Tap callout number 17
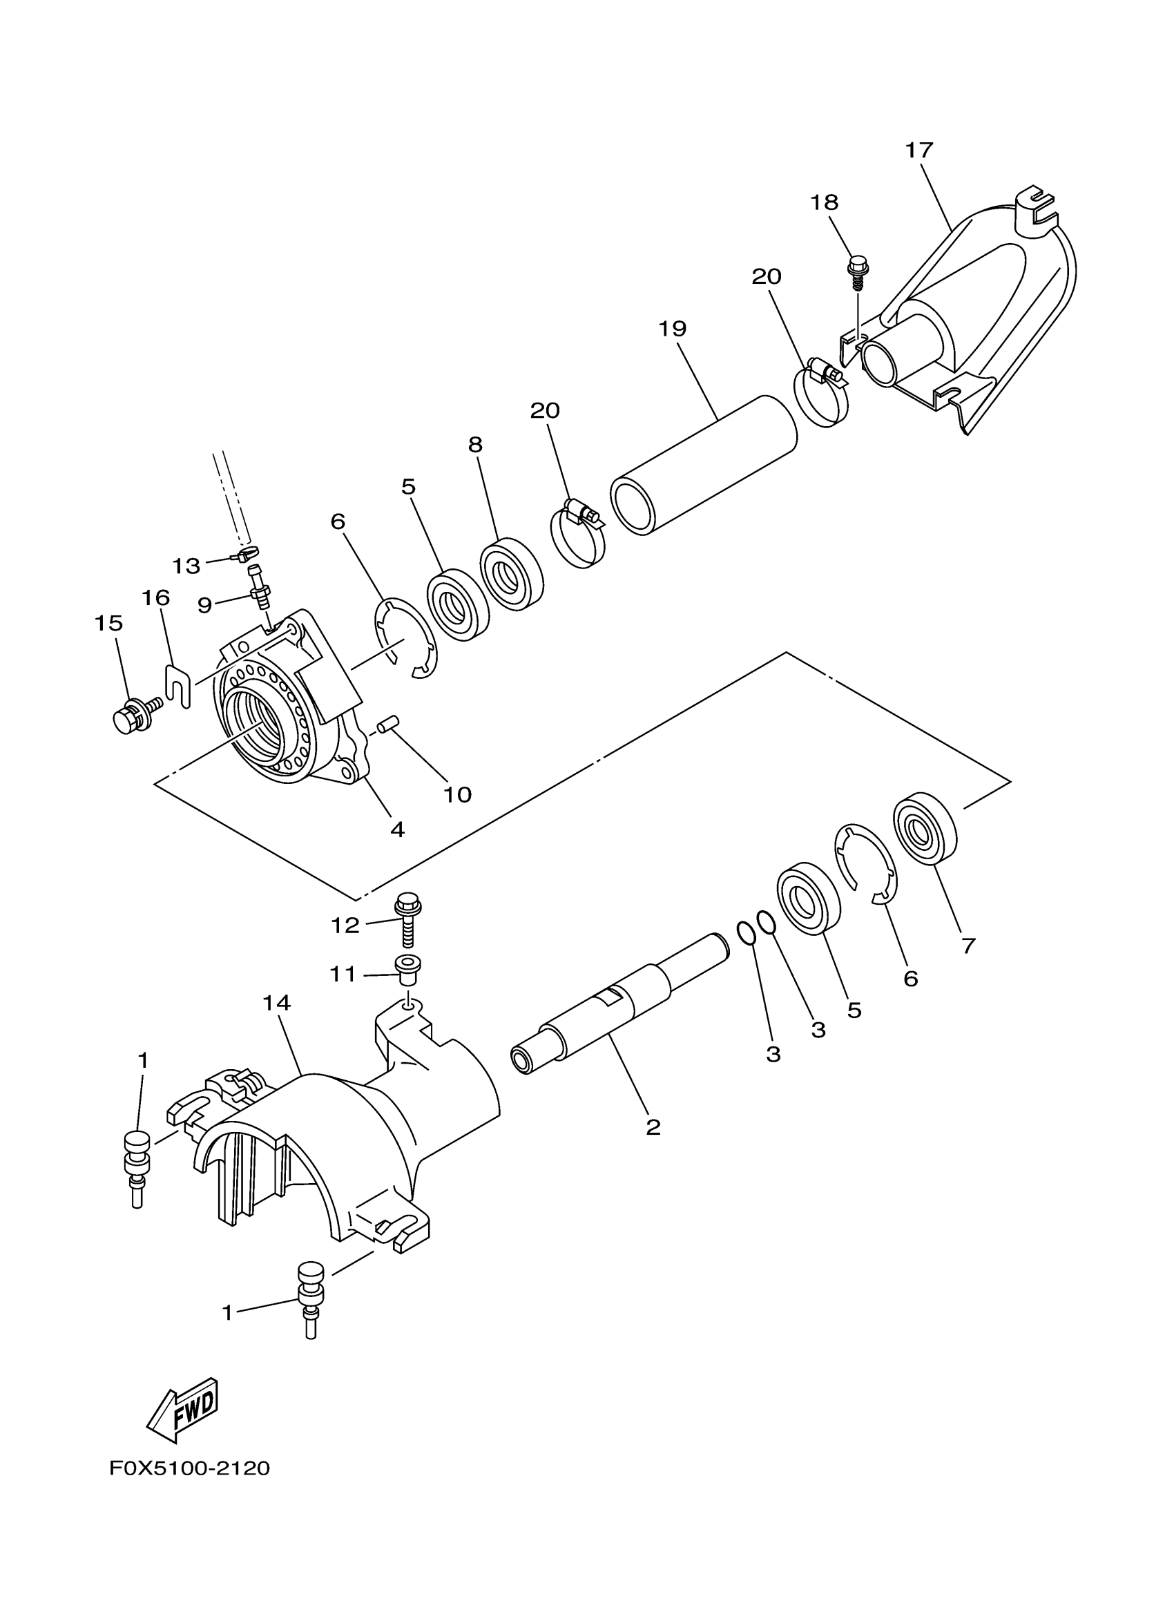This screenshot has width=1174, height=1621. click(x=919, y=151)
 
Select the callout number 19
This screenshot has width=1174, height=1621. click(x=673, y=329)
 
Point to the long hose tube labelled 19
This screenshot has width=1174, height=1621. click(x=704, y=465)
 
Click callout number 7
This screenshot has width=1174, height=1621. click(x=968, y=946)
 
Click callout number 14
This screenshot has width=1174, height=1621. click(x=276, y=1003)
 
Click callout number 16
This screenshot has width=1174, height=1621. click(x=155, y=597)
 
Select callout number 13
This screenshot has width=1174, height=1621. click(x=186, y=566)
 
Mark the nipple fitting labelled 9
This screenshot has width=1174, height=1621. click(x=259, y=589)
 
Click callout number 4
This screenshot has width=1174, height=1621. click(x=397, y=829)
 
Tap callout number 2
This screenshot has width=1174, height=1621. click(x=653, y=1127)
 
